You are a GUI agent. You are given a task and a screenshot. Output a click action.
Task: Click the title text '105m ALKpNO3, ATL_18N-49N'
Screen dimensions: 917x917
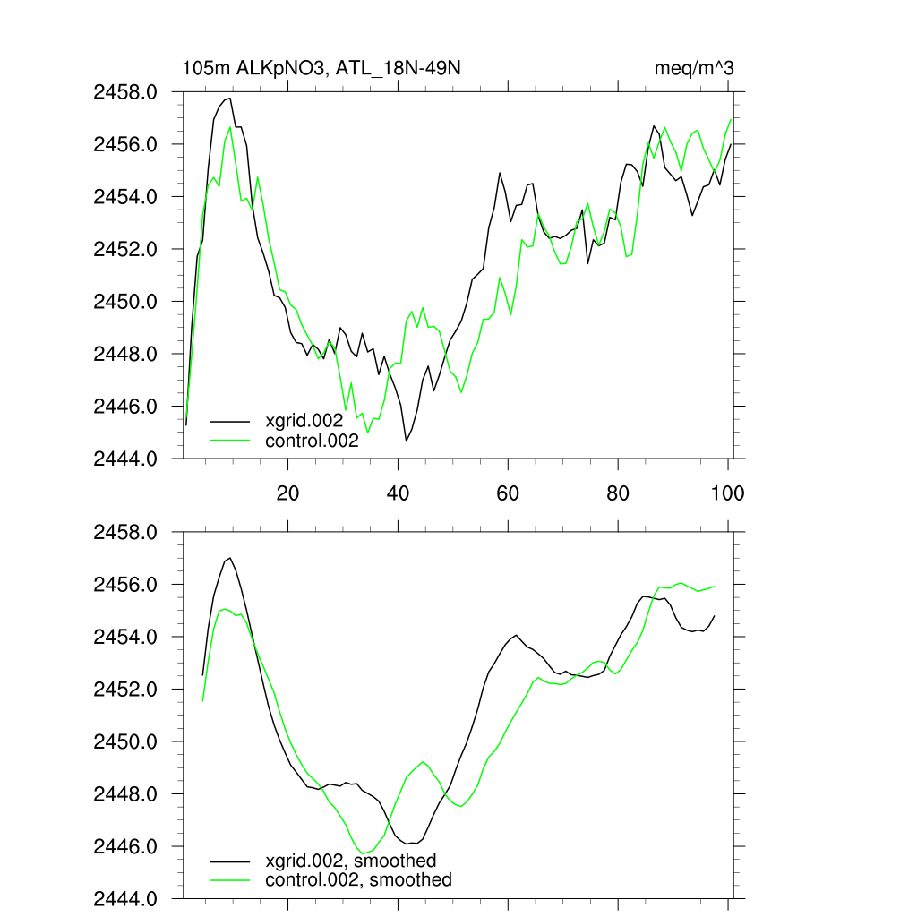pyautogui.click(x=321, y=68)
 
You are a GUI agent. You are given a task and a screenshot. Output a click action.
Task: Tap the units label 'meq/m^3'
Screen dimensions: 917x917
pyautogui.click(x=695, y=68)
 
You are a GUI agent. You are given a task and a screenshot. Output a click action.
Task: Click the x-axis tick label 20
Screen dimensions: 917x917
pyautogui.click(x=287, y=493)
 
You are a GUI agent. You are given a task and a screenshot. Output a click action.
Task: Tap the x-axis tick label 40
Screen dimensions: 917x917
pyautogui.click(x=398, y=493)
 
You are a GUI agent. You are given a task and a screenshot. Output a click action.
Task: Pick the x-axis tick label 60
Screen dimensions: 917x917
pyautogui.click(x=508, y=493)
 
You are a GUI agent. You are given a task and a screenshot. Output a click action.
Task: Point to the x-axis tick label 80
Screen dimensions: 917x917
pyautogui.click(x=618, y=493)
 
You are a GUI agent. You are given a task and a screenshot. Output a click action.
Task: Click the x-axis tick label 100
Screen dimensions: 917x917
pyautogui.click(x=727, y=493)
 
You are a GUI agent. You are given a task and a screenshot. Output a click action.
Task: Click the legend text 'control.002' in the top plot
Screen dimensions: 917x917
pyautogui.click(x=312, y=441)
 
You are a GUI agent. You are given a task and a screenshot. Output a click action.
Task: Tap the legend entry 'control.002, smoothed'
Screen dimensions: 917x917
pyautogui.click(x=358, y=880)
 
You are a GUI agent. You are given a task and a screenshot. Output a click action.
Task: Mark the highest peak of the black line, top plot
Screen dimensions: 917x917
pyautogui.click(x=230, y=98)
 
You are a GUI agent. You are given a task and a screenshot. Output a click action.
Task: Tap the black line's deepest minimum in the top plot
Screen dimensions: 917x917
pyautogui.click(x=407, y=441)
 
